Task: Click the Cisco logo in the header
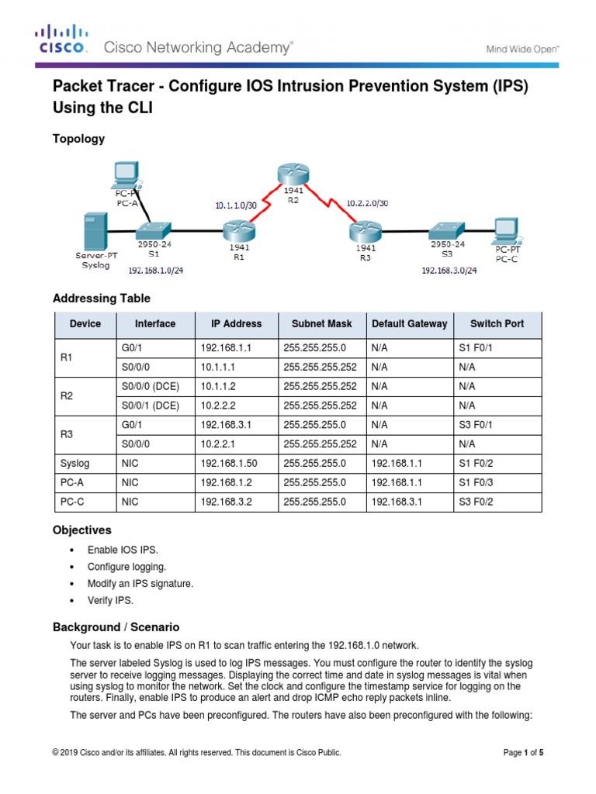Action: tap(61, 40)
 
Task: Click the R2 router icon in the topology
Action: tap(289, 178)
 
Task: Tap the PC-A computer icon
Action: tap(126, 174)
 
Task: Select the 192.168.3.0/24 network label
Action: tap(449, 271)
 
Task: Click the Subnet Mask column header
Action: tap(321, 324)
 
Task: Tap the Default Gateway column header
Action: tap(409, 324)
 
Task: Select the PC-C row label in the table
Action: tap(71, 502)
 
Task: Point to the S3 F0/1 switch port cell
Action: tap(476, 425)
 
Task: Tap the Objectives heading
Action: tap(81, 530)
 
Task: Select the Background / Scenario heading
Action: tap(116, 627)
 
